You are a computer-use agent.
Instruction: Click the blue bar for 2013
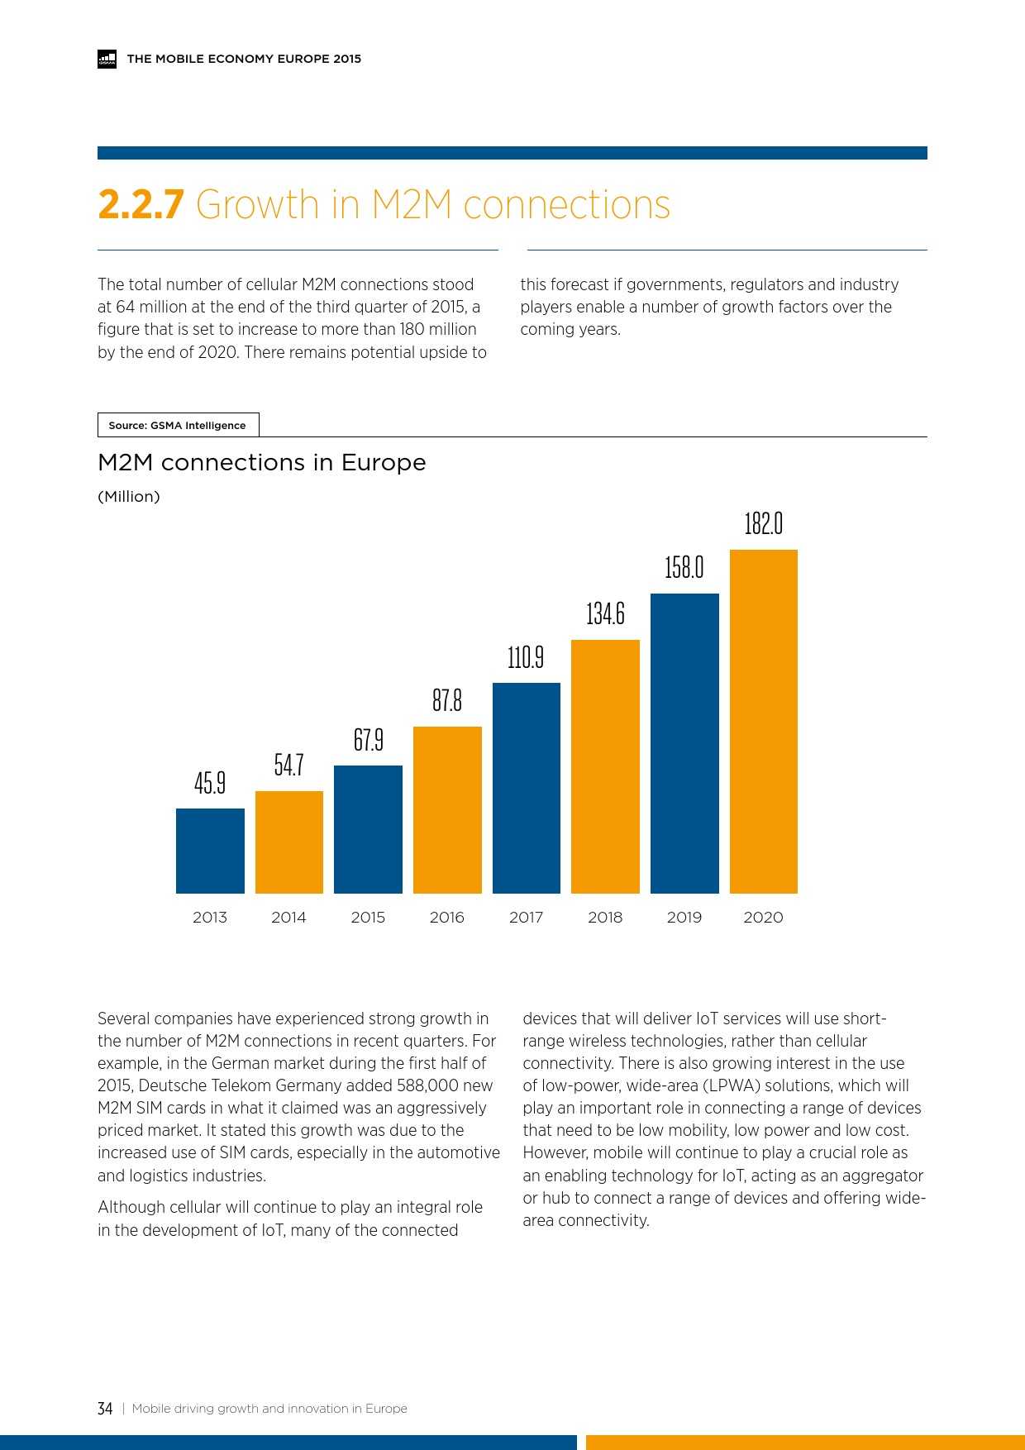(210, 851)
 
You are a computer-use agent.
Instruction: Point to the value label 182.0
(763, 524)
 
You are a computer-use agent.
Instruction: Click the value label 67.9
(368, 739)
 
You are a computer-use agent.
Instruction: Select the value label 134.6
(605, 613)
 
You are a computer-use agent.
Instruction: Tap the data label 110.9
(526, 657)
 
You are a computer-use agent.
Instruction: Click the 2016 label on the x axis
(446, 917)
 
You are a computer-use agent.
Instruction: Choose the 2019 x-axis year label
(684, 917)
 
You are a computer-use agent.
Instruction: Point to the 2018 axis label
(605, 917)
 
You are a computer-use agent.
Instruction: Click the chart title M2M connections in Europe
(261, 463)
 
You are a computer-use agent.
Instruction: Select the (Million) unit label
(129, 497)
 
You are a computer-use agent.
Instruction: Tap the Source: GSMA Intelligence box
(178, 426)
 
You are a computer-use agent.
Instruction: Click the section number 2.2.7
(141, 205)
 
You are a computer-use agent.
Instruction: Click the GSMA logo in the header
(107, 59)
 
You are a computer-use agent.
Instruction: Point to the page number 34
(105, 1409)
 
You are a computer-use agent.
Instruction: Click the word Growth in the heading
(257, 205)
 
